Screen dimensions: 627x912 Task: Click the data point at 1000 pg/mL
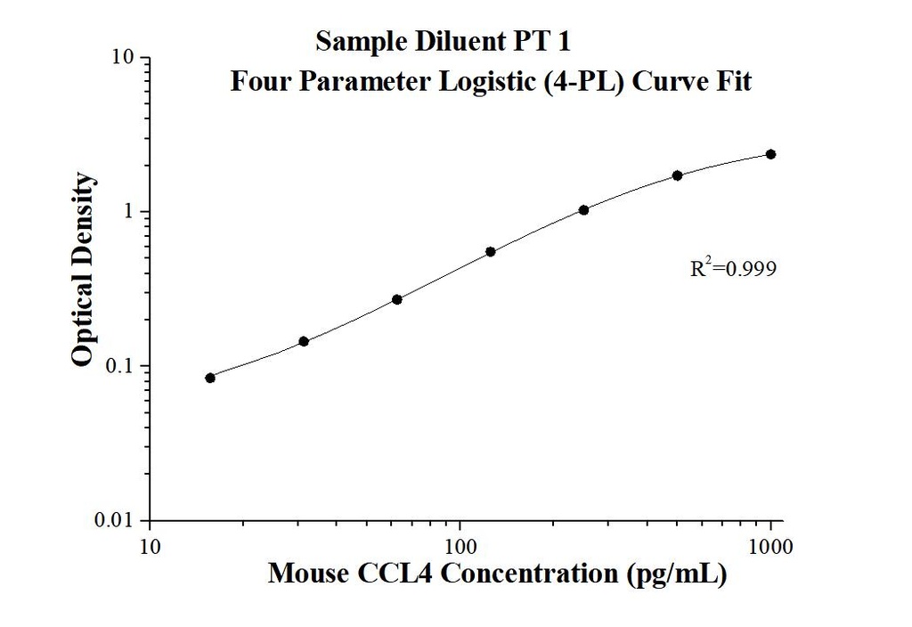coord(770,154)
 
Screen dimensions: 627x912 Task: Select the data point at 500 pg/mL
coord(677,175)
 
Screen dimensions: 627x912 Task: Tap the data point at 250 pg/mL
coord(583,210)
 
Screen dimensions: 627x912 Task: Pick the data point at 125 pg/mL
coord(490,252)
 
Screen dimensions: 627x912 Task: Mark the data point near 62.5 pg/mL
coord(397,299)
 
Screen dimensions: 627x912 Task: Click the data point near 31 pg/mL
coord(304,341)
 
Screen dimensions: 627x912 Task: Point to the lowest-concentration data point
coord(210,378)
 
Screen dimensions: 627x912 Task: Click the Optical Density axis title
coord(83,270)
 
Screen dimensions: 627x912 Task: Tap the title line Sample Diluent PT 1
coord(450,41)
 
